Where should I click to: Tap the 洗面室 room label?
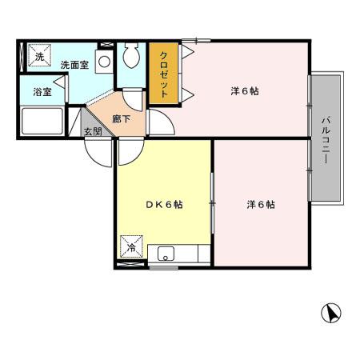coord(73,64)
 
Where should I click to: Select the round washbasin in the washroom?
coord(103,61)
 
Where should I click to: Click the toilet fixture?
coord(131,58)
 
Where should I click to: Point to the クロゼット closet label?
coord(164,74)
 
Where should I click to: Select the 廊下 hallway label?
coord(121,118)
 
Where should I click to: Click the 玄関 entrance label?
coord(93,131)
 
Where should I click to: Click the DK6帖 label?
coord(164,205)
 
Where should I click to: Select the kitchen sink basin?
coord(166,255)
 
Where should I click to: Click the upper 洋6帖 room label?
coord(244,90)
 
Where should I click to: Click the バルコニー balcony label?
coord(326,139)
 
